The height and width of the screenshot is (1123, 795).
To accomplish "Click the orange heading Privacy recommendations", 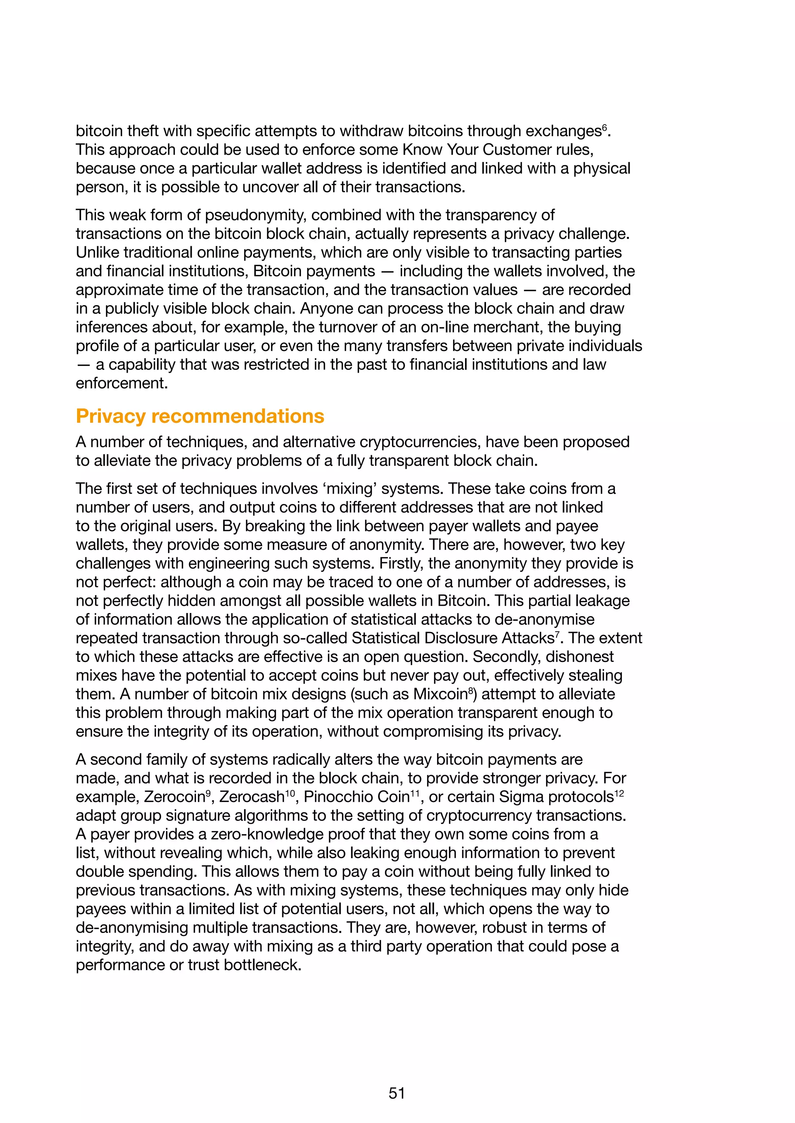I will (x=200, y=416).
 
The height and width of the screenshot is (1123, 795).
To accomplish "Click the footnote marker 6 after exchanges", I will (x=604, y=127).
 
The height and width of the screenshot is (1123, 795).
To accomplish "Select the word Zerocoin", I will (x=174, y=797).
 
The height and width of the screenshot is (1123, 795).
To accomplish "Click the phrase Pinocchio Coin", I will (x=356, y=797).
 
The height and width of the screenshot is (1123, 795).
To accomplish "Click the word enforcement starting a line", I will (x=122, y=383).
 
